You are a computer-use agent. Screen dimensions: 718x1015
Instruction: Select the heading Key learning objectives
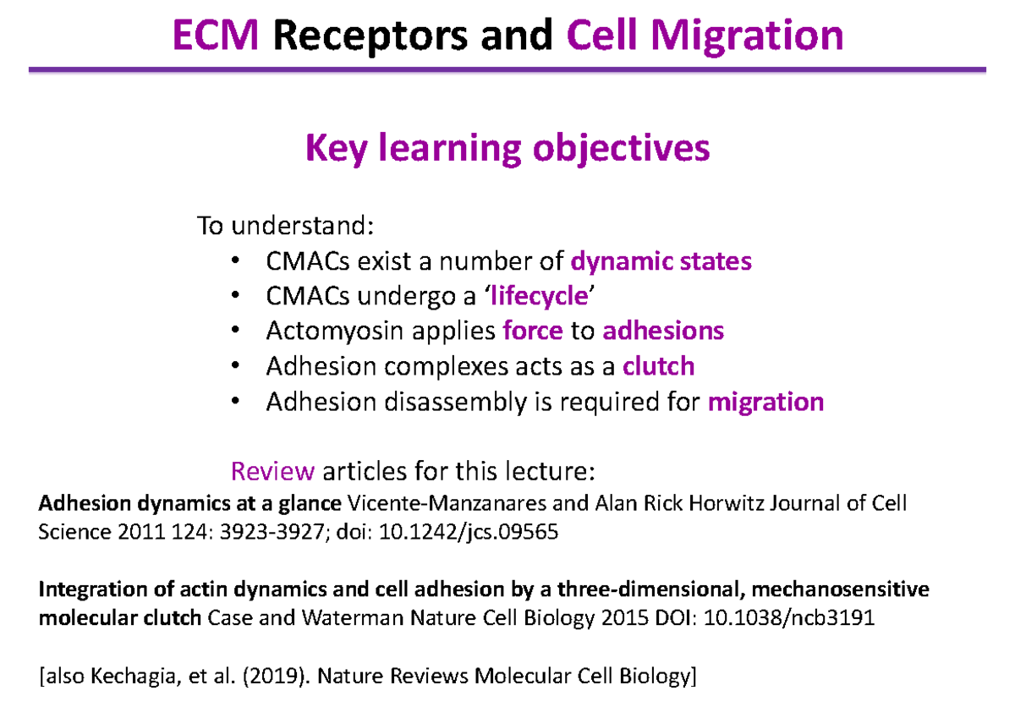tap(507, 149)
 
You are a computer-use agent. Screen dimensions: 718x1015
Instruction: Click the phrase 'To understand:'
tap(284, 227)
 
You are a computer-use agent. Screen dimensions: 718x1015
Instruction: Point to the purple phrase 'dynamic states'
tap(661, 261)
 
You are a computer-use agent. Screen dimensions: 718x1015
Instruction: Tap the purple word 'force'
tap(532, 331)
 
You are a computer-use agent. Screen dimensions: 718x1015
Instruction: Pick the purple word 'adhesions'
tap(663, 331)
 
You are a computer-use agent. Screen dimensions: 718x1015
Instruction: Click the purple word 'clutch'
tap(658, 366)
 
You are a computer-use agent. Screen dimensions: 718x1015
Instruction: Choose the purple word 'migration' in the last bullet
tap(765, 401)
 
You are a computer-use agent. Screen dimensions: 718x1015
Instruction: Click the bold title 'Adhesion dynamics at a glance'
tap(190, 504)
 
